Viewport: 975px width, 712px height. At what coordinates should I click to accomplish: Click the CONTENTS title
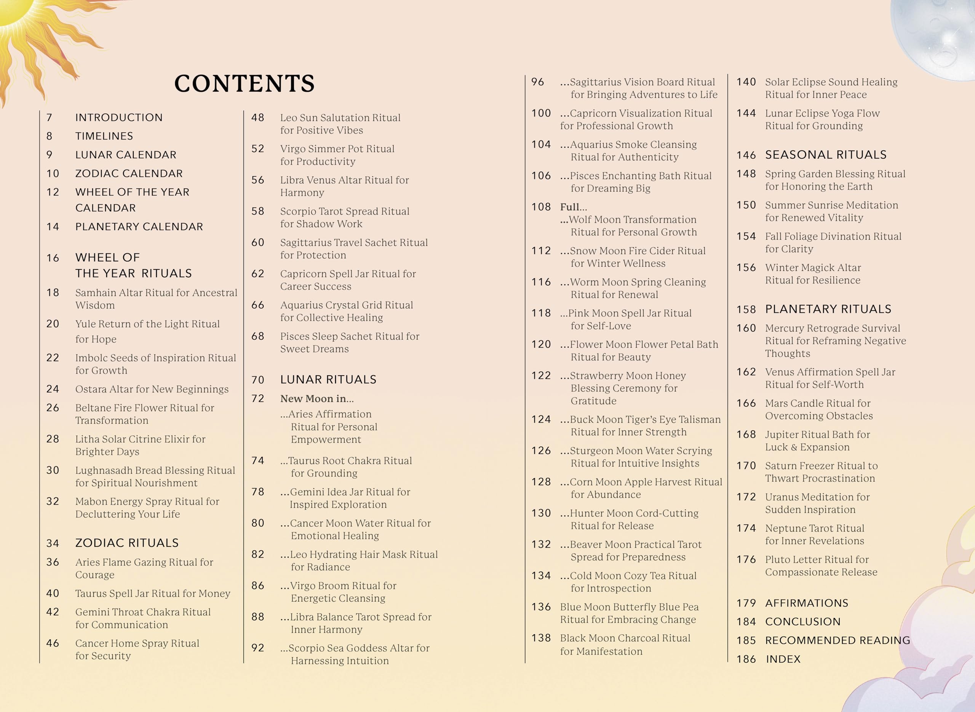244,84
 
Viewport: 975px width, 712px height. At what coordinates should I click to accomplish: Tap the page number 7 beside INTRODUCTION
49,118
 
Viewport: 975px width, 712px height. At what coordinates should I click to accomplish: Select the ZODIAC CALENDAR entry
129,173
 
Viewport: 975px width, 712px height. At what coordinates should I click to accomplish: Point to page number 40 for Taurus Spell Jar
53,594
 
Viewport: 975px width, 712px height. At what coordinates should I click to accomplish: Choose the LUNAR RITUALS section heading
328,380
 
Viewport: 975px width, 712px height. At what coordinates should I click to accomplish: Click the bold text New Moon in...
316,399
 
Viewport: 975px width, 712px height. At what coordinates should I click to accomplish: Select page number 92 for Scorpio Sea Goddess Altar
257,648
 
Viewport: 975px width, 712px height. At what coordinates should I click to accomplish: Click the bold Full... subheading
573,207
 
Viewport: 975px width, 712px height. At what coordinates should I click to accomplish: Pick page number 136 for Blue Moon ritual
541,607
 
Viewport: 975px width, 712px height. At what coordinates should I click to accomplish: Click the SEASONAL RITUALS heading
825,155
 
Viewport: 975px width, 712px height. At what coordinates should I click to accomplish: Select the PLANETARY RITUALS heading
828,309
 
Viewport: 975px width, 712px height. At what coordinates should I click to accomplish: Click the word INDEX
783,659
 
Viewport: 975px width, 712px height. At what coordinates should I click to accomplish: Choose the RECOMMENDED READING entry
838,640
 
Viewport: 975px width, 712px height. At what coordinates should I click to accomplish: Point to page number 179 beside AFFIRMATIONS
746,603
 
